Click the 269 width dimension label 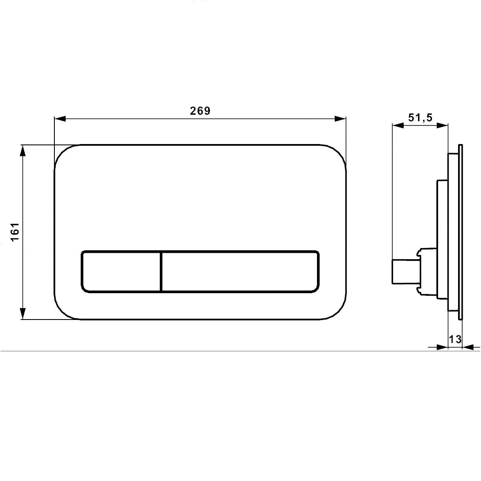pos(200,111)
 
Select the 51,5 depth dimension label pos(420,118)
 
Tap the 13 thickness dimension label pos(455,340)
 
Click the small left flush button pos(121,272)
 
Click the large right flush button pos(240,272)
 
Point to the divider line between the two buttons pos(161,272)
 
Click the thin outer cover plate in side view pos(460,232)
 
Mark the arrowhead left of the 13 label pos(443,347)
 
